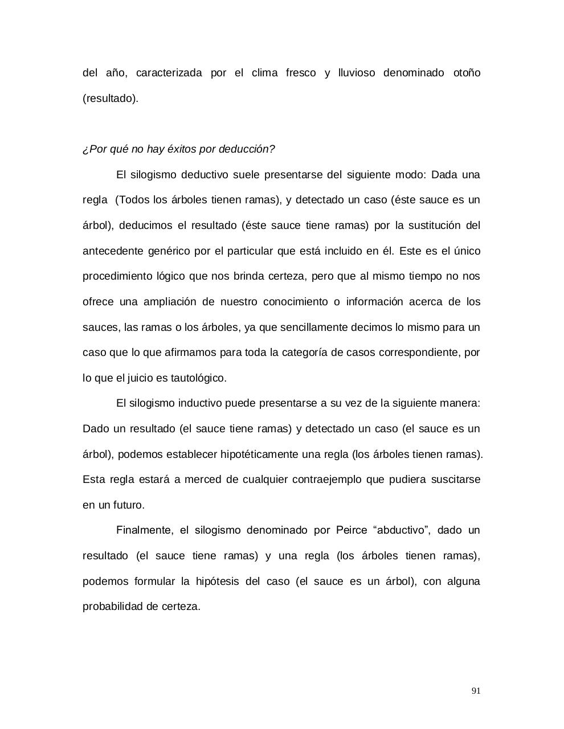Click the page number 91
coord(476,691)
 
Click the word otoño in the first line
coord(467,73)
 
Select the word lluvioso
coord(357,73)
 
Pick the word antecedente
coord(112,251)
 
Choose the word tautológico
coord(199,378)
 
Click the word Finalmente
coord(144,530)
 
